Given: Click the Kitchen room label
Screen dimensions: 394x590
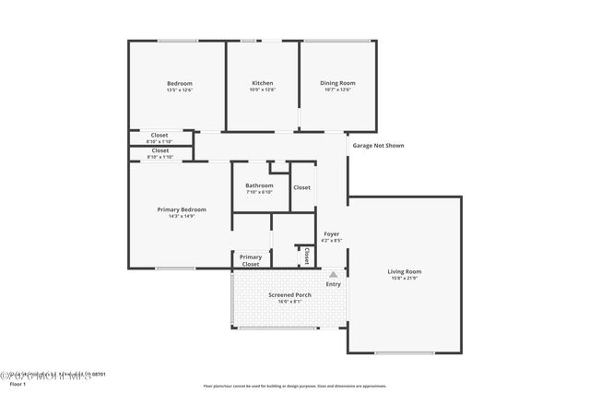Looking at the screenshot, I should coord(262,83).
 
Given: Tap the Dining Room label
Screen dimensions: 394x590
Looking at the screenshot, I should coord(337,83).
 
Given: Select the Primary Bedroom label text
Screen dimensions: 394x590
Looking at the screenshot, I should coord(181,209).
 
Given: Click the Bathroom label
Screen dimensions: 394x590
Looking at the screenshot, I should coord(259,185).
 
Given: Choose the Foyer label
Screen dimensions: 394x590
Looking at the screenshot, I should coord(331,233).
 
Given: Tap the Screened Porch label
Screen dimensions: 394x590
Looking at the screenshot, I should coord(289,294).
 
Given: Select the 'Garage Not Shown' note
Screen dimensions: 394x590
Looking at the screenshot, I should coord(378,145).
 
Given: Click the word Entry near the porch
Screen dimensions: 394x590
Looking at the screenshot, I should coord(333,283).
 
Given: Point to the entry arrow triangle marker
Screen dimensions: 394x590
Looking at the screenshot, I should coord(334,274).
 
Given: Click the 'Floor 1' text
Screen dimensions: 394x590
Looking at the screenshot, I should coord(17,383).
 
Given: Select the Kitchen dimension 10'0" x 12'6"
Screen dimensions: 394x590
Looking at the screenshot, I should coord(262,90).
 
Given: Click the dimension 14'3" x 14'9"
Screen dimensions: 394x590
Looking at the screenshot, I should coord(181,216).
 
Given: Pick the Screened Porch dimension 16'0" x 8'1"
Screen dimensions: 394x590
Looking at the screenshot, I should coord(289,301).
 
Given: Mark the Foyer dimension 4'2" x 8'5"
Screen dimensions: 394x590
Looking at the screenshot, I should coord(331,240).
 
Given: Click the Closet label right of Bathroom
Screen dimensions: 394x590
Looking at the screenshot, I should coord(301,187).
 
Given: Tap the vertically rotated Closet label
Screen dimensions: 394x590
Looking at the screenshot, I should coord(305,256).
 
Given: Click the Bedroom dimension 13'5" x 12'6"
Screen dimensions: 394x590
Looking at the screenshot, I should coord(179,90).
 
